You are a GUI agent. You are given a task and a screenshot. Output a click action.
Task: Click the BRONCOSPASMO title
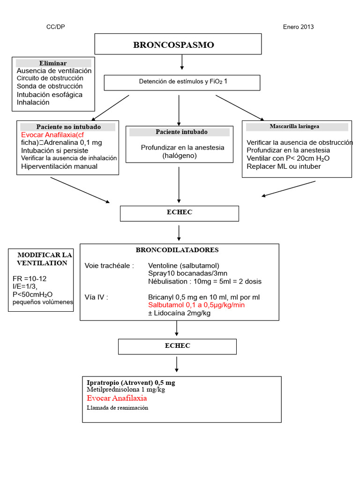point(173,45)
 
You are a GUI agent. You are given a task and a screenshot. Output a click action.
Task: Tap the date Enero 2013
point(298,27)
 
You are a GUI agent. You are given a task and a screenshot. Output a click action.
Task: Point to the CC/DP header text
point(55,27)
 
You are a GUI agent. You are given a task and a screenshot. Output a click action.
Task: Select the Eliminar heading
point(53,63)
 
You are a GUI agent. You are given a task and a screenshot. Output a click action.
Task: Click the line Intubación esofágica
point(50,95)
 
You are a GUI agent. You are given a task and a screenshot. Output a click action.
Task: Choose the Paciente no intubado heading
point(68,127)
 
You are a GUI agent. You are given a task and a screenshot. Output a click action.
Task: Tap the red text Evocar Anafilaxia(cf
point(52,135)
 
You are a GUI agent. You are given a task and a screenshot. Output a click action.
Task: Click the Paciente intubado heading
point(181,132)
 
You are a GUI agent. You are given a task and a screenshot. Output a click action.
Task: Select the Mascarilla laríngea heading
point(294,126)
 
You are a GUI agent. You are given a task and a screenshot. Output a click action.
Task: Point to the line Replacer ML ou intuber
point(284,166)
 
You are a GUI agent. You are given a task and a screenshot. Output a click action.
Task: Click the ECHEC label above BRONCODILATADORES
point(180,212)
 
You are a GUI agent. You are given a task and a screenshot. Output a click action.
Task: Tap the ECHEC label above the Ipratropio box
point(178,345)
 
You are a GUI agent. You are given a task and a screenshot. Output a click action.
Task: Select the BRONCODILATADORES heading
point(177,250)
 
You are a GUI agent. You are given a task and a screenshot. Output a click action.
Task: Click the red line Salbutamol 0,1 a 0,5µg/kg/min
point(196,305)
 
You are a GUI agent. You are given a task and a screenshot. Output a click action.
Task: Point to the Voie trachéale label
point(109,266)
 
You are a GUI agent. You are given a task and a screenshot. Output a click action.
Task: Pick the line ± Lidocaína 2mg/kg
point(179,313)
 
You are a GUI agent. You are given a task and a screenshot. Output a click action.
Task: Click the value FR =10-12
point(30,278)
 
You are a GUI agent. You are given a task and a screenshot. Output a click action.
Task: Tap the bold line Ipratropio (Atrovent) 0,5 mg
point(131,382)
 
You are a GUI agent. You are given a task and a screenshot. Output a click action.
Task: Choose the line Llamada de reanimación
point(118,408)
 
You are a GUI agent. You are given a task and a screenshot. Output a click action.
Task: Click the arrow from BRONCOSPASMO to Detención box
point(182,62)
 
